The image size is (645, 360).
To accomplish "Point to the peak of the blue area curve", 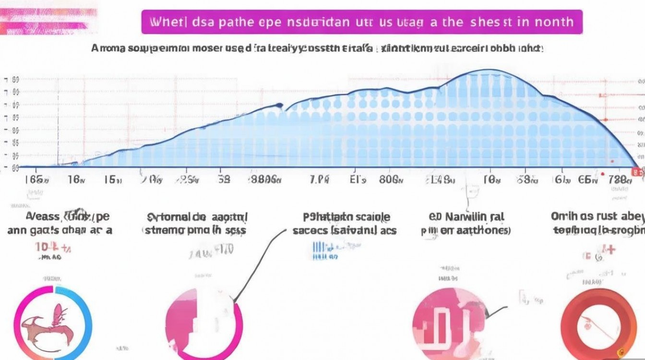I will [x=485, y=72].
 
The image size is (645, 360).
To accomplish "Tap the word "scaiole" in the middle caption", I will [x=370, y=217].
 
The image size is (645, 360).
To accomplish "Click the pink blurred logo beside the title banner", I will [x=48, y=22].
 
